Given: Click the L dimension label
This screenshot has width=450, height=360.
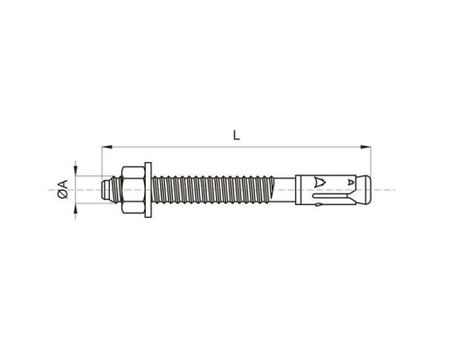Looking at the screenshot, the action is [237, 136].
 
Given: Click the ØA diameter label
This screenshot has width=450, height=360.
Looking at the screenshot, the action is [63, 189].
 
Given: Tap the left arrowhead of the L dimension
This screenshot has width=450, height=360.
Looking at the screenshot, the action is [107, 147].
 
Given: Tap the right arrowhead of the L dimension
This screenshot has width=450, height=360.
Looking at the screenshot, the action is [365, 147].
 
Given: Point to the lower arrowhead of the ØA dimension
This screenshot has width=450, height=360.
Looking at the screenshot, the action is [76, 209].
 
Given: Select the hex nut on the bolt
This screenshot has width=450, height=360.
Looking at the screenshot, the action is [132, 190].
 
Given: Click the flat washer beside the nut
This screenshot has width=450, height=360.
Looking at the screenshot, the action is [148, 190].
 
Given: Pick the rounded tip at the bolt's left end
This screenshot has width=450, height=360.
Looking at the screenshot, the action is [105, 190].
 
